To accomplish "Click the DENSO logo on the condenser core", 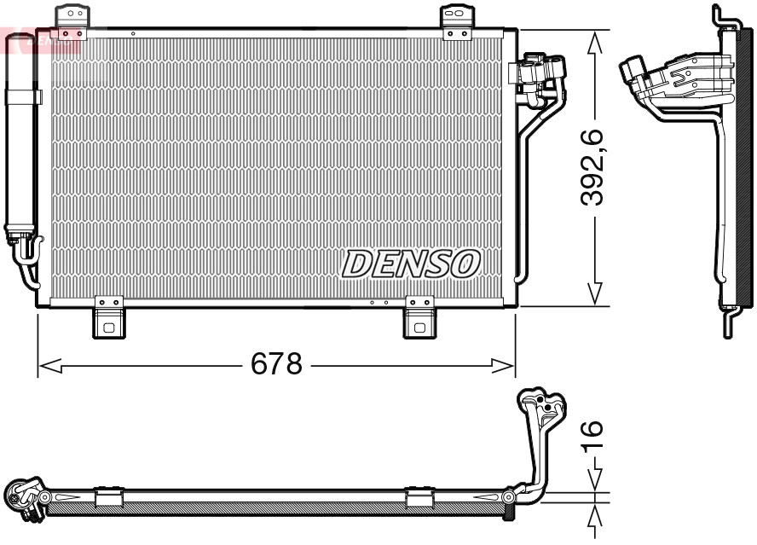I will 411,264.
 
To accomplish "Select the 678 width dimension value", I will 275,365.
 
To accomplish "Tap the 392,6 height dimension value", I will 592,166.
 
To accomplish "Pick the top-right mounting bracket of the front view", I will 456,21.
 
